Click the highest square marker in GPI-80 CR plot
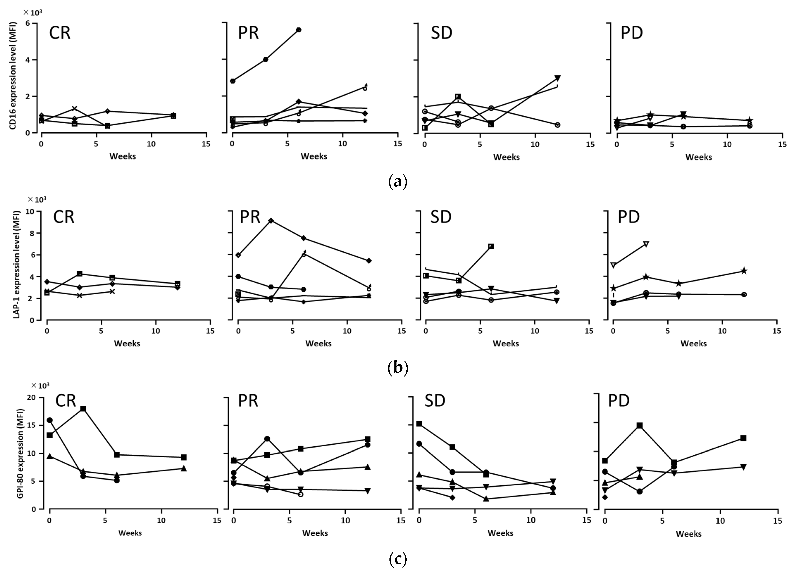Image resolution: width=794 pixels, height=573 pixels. [x=83, y=409]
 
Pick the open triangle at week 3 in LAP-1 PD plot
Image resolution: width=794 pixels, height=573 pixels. [x=646, y=244]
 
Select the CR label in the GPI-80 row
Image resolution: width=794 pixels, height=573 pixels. [x=65, y=401]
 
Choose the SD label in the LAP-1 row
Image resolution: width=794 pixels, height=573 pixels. [x=441, y=217]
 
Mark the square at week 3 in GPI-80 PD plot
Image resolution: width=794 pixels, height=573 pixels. [x=639, y=425]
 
